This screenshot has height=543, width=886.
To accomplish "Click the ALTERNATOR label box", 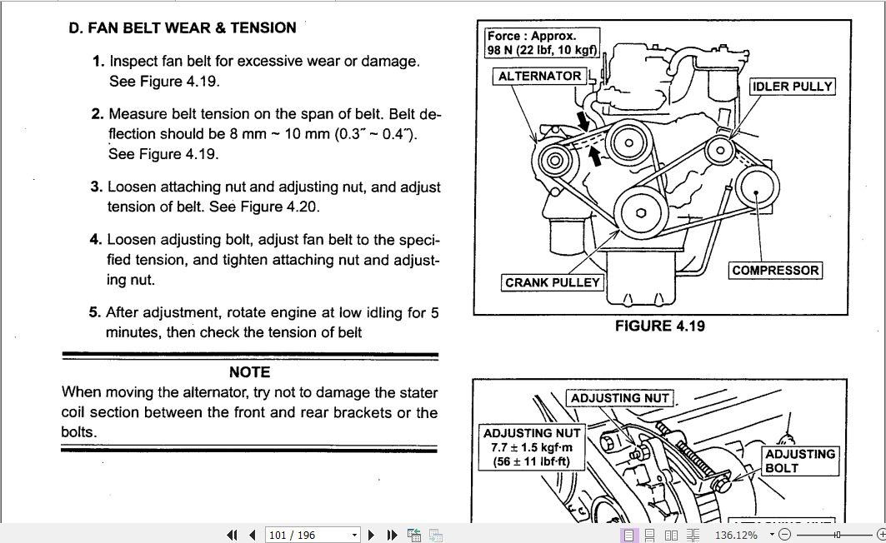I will pos(539,76).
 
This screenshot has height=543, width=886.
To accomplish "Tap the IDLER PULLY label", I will pos(792,87).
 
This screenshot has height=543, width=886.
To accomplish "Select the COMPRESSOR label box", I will pos(775,271).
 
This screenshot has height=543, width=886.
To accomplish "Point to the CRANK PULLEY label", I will pos(553,282).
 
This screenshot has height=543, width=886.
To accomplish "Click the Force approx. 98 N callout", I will pos(543,43).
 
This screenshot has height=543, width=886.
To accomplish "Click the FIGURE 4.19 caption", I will pos(659,326).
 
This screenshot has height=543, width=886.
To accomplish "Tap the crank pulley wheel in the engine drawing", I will pos(641,212).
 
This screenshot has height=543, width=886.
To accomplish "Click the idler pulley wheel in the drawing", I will pos(719,151).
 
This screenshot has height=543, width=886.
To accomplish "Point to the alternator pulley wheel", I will pos(552,159).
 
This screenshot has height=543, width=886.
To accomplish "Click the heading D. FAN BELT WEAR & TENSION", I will pos(182,28).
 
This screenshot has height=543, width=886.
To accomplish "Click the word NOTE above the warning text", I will pos(249,372).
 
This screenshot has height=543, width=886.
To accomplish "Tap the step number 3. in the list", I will pos(96,187).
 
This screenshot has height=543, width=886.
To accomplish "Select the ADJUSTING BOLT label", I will pos(799,461).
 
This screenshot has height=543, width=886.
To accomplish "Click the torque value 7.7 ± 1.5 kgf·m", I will pos(532,447).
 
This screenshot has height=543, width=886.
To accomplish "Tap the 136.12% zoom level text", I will pos(736,535).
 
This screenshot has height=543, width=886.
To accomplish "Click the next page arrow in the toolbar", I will pos(372,535).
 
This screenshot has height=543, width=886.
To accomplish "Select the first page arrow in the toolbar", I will pos(231,535).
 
